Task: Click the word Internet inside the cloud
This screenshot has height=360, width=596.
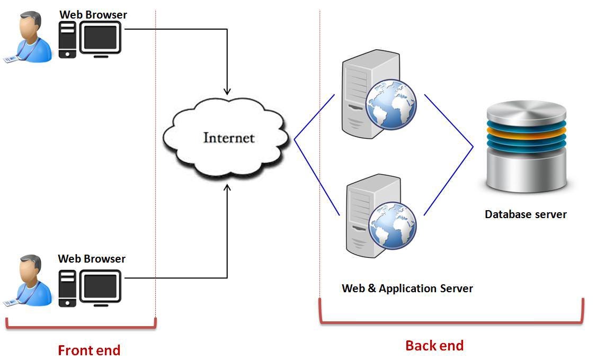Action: pyautogui.click(x=229, y=138)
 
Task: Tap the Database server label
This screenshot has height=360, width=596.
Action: pyautogui.click(x=526, y=214)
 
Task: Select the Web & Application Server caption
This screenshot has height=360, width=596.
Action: pyautogui.click(x=407, y=289)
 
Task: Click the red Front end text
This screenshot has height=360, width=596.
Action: pyautogui.click(x=89, y=350)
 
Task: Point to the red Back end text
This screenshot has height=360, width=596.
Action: pyautogui.click(x=434, y=346)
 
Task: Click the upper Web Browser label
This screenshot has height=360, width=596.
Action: pyautogui.click(x=93, y=14)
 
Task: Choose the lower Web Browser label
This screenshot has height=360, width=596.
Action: pyautogui.click(x=92, y=258)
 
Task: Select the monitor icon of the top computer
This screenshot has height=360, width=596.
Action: pyautogui.click(x=101, y=38)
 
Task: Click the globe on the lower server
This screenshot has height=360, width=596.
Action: pyautogui.click(x=392, y=226)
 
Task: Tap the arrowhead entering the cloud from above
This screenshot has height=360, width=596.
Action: pyautogui.click(x=227, y=91)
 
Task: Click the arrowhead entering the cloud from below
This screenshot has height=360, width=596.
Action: pyautogui.click(x=227, y=187)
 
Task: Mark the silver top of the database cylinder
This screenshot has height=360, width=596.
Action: pyautogui.click(x=526, y=111)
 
